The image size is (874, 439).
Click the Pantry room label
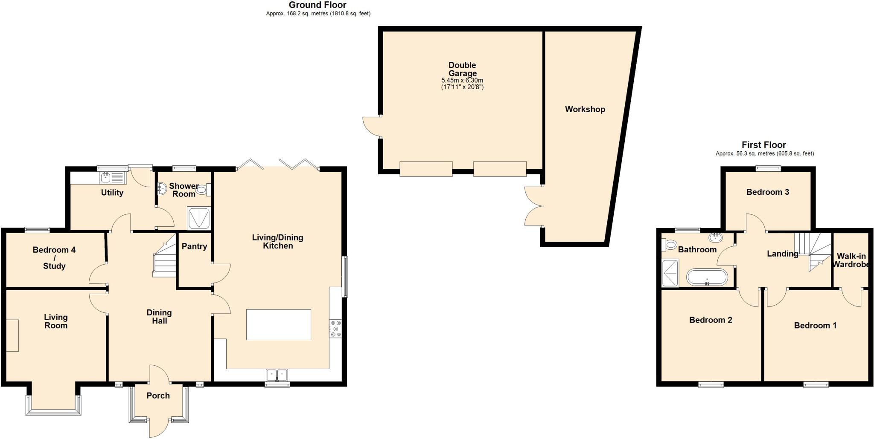(x=194, y=246)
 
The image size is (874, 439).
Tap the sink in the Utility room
(x=105, y=177)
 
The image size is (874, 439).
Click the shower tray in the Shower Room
(x=199, y=219)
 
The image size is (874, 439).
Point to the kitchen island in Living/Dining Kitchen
(x=278, y=325)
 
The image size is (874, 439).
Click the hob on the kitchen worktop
(x=335, y=329)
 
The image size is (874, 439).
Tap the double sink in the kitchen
(x=277, y=375)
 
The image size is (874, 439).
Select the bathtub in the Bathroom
(x=707, y=277)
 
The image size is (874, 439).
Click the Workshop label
(x=585, y=110)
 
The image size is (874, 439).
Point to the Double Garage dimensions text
(x=462, y=84)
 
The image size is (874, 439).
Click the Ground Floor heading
(x=318, y=5)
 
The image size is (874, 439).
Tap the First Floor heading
(x=763, y=145)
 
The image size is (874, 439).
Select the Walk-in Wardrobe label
(x=851, y=260)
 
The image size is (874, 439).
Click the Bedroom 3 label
(x=767, y=192)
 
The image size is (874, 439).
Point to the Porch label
(x=158, y=396)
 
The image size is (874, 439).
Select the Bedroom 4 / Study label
(x=54, y=258)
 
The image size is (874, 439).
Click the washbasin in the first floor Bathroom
(x=715, y=237)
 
